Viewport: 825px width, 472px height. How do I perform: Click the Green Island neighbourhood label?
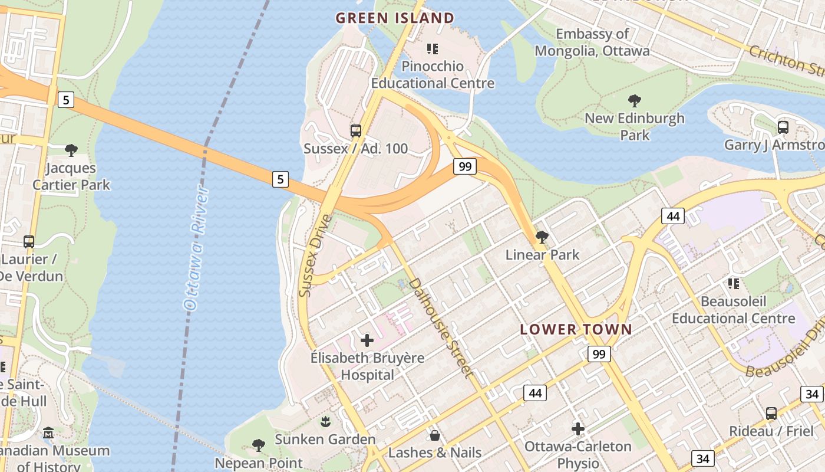pos(395,18)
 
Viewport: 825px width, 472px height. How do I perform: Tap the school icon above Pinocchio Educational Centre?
pos(433,49)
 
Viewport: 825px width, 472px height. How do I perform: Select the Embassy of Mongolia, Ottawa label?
pos(592,42)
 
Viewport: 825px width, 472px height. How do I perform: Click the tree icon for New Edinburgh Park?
pos(635,101)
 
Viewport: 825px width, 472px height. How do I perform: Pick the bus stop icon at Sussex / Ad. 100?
pos(356,131)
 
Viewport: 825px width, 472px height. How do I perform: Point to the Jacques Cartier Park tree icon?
pos(71,150)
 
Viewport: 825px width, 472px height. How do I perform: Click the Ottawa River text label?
pos(194,248)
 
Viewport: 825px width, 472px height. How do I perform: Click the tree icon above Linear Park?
pos(542,237)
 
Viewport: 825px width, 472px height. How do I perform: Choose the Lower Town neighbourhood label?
pos(576,329)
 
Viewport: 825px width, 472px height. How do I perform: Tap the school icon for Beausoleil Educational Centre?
pos(734,284)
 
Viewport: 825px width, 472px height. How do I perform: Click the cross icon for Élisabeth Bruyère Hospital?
pos(367,340)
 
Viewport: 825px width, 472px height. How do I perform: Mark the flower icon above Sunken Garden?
pos(325,421)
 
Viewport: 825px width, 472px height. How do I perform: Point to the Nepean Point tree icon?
pos(258,445)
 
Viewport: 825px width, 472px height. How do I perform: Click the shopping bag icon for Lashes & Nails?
pos(435,435)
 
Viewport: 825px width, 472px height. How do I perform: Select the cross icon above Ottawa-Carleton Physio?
pos(578,428)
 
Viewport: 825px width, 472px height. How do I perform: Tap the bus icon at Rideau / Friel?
pos(771,414)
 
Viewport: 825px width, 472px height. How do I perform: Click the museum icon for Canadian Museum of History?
pos(48,434)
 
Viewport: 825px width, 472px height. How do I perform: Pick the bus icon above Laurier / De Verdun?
pos(29,242)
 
